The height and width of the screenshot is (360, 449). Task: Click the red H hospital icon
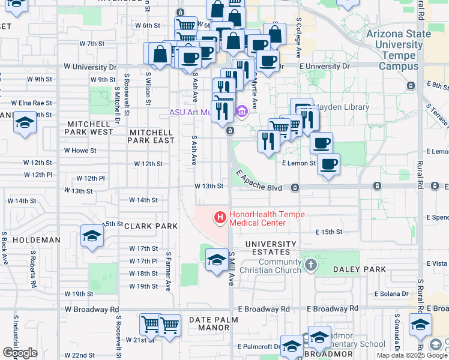click(220, 217)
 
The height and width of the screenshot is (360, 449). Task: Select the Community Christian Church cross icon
click(310, 264)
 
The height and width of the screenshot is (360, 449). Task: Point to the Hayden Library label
click(334, 107)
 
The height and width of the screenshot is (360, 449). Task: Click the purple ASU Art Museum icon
click(243, 112)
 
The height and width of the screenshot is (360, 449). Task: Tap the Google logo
click(20, 353)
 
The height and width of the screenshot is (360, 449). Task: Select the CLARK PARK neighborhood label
click(151, 226)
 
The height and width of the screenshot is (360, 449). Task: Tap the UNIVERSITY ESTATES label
click(271, 248)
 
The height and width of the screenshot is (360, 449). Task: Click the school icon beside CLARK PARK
click(91, 236)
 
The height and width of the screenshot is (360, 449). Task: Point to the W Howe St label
click(80, 151)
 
